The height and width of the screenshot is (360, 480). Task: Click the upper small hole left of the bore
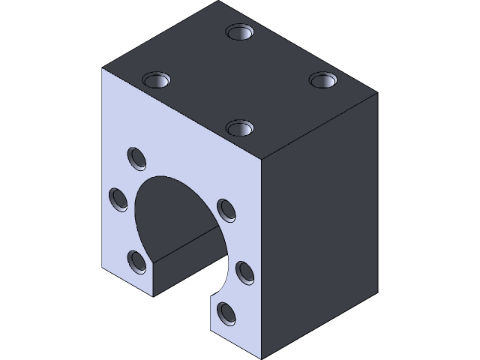[136, 158]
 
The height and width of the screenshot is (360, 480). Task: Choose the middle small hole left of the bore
[118, 199]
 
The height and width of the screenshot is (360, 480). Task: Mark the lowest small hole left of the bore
[137, 260]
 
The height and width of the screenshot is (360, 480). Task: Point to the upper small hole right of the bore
[224, 208]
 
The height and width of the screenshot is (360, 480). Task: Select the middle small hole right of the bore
[244, 271]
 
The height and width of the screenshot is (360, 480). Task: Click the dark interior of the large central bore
[172, 210]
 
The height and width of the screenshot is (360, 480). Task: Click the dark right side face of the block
[319, 225]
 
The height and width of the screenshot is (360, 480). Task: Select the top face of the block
[240, 82]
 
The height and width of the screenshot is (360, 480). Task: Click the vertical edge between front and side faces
[261, 255]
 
